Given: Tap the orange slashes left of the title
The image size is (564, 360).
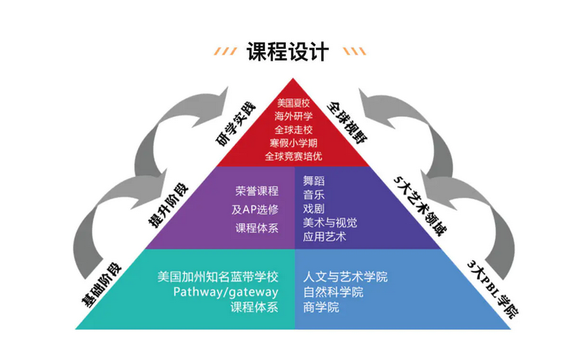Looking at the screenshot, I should [229, 52].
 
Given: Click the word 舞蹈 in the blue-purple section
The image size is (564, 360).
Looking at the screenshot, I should [314, 181].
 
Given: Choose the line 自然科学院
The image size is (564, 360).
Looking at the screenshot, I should [333, 292].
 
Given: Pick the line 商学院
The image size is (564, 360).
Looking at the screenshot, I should [320, 308].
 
